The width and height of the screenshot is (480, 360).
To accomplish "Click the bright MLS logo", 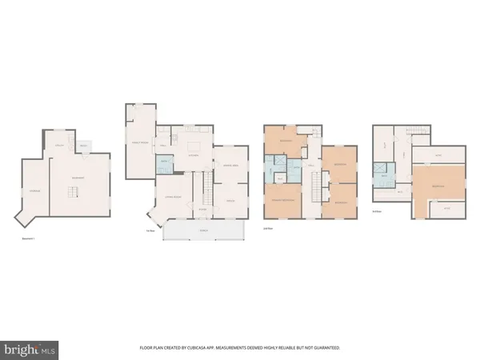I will (28, 349).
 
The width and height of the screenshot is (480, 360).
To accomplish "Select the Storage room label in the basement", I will (34, 190).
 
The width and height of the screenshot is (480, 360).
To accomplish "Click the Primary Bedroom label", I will (282, 199).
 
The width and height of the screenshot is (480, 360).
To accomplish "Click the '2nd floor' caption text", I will (269, 228).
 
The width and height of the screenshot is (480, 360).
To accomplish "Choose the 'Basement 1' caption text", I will (28, 238).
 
